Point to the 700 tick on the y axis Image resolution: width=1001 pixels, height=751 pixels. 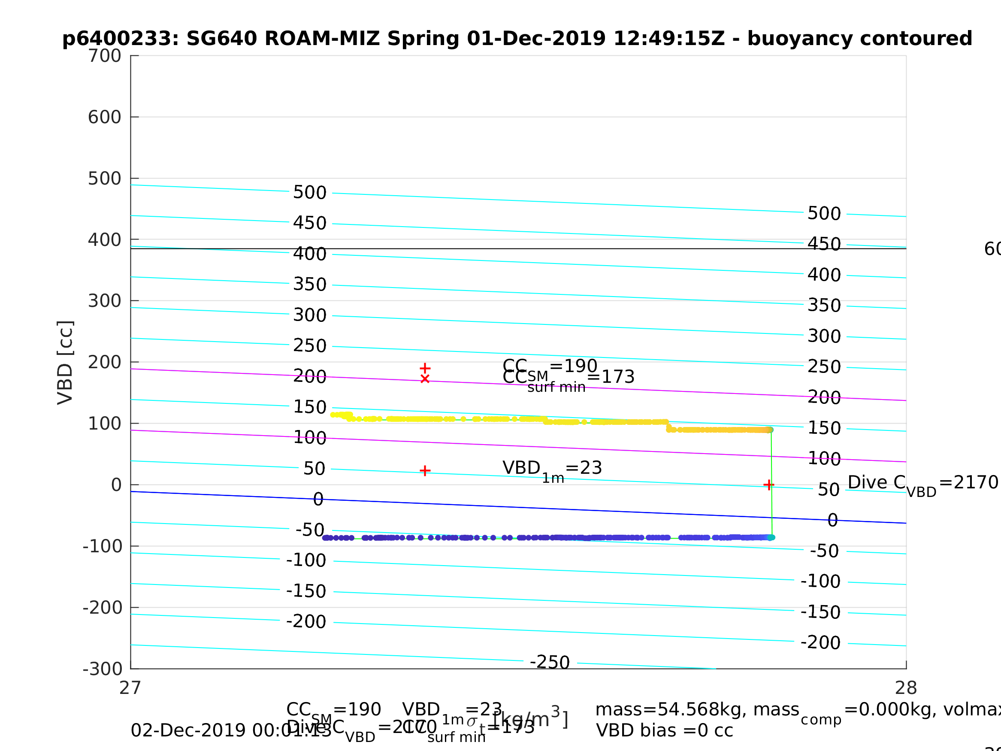pyautogui.click(x=105, y=56)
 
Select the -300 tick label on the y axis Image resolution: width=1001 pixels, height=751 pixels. pyautogui.click(x=103, y=669)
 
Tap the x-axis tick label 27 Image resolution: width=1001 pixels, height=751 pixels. pyautogui.click(x=130, y=688)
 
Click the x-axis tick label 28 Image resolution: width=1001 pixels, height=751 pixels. pyautogui.click(x=906, y=688)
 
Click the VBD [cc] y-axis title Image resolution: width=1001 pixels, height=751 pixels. pyautogui.click(x=66, y=362)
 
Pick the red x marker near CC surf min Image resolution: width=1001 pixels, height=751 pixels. pyautogui.click(x=425, y=379)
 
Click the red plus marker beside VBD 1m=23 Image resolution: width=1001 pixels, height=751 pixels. pyautogui.click(x=425, y=471)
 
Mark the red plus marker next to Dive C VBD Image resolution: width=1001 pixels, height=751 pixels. pyautogui.click(x=768, y=485)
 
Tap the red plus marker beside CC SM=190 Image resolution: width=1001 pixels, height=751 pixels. pyautogui.click(x=425, y=368)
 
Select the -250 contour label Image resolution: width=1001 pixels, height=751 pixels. pyautogui.click(x=550, y=662)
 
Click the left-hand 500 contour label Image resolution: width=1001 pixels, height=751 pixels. pyautogui.click(x=310, y=192)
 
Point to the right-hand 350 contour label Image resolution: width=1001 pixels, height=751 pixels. pyautogui.click(x=824, y=306)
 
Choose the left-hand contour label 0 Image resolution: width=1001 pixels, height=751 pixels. pyautogui.click(x=318, y=500)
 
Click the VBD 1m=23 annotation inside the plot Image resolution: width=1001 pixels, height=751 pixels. pyautogui.click(x=552, y=469)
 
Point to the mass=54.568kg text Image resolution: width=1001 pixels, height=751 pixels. pyautogui.click(x=697, y=710)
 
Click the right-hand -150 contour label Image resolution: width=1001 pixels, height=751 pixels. pyautogui.click(x=820, y=612)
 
